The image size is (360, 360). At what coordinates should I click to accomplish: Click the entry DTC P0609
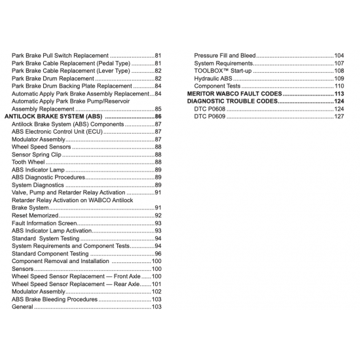pos(209,117)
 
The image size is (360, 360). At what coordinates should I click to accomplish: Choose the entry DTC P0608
pos(209,109)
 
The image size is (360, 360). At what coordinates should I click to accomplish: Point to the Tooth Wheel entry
pos(28,162)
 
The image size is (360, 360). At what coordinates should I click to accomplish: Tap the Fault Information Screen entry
pos(44,223)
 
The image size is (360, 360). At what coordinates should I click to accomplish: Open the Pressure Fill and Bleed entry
pos(225,56)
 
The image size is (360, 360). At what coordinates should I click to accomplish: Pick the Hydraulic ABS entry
pos(213,79)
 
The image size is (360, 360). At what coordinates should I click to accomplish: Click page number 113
pos(339,94)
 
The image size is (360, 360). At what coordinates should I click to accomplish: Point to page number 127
pos(339,117)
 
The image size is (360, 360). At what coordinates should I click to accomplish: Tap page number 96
pos(158,253)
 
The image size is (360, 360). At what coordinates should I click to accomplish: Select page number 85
pos(158,109)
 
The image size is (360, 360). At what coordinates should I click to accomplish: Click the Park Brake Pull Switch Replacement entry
pos(60,56)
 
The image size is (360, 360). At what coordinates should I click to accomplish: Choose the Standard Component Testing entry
pos(50,253)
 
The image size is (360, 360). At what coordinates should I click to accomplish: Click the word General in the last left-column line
pos(22,307)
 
